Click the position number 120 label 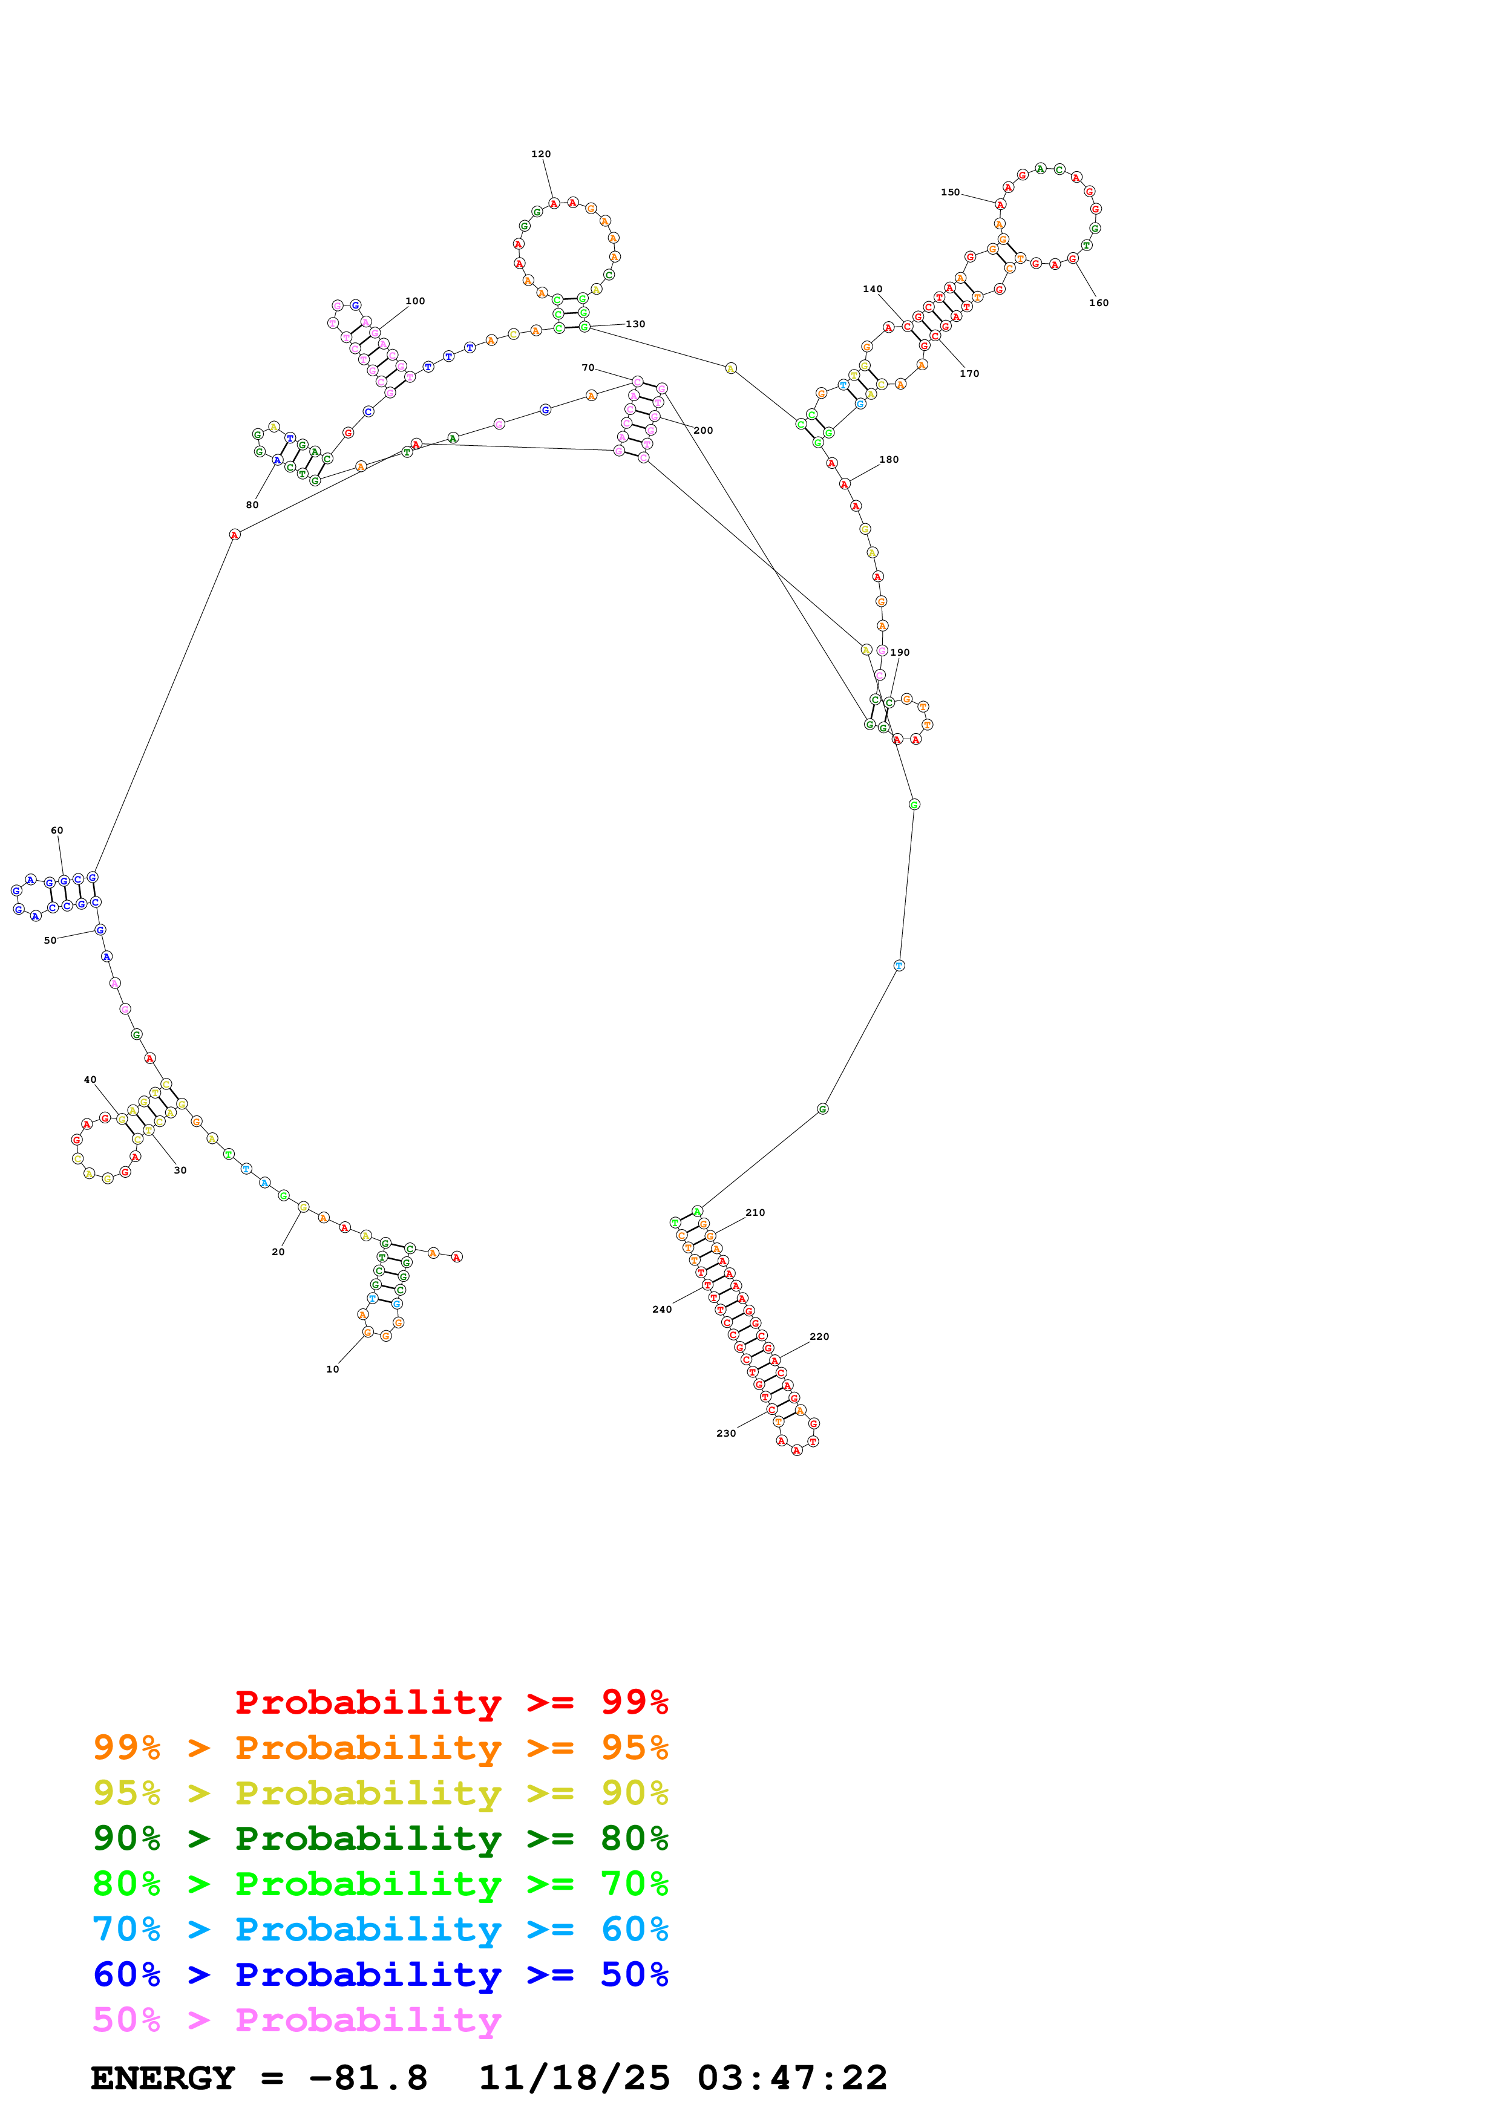coord(541,154)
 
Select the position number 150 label coord(950,192)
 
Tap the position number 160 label coord(1098,303)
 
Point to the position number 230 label coord(727,1434)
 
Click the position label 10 coord(333,1369)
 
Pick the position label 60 coord(57,830)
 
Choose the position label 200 coord(703,431)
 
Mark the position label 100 coord(415,301)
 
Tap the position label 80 coord(252,504)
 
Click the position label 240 coord(662,1310)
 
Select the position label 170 coord(969,373)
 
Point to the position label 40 coord(90,1080)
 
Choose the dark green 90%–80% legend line coord(380,1838)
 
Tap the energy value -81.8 coord(368,2078)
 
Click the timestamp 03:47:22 coord(792,2078)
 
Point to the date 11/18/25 coord(574,2078)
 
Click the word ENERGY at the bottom coord(163,2078)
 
